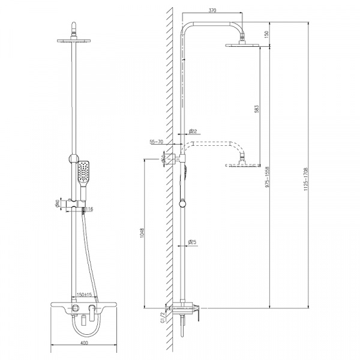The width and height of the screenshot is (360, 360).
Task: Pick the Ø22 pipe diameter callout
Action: [193, 131]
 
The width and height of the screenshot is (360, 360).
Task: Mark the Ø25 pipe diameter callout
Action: [193, 242]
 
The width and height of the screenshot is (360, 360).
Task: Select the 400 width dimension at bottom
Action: [83, 343]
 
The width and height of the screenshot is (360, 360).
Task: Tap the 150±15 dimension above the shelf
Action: [83, 295]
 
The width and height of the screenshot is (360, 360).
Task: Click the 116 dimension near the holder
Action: [89, 209]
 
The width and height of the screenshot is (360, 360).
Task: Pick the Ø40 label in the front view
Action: [56, 205]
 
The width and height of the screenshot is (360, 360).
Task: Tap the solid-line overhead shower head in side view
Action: [242, 45]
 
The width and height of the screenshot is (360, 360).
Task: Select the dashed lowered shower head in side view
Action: [242, 164]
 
